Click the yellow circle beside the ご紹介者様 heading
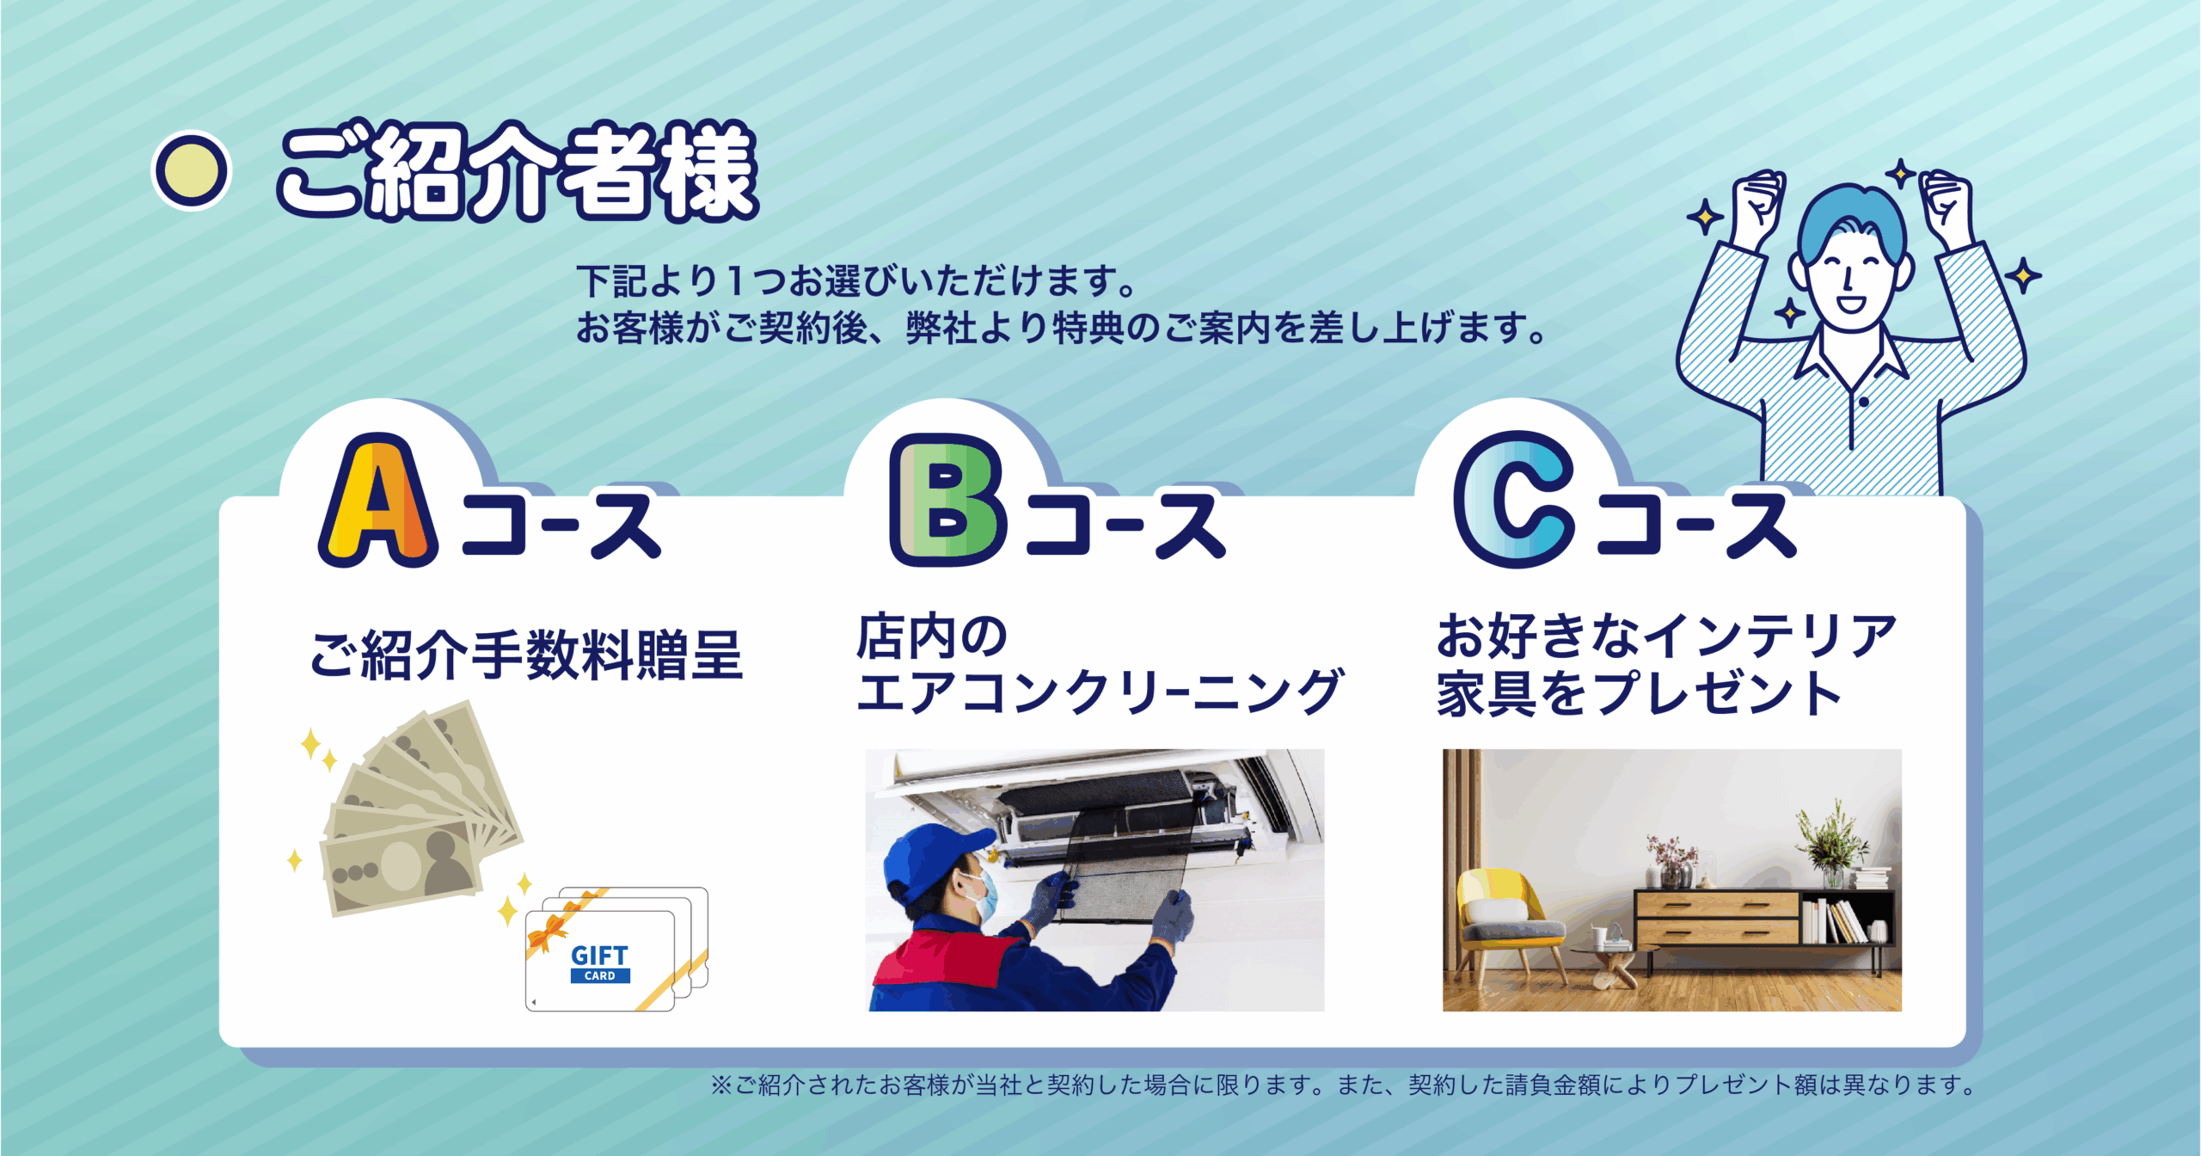click(191, 169)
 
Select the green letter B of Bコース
click(948, 500)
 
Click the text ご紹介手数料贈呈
click(526, 655)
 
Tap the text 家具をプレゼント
click(1639, 692)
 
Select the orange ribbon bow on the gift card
click(547, 932)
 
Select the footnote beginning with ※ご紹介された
click(1342, 1085)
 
